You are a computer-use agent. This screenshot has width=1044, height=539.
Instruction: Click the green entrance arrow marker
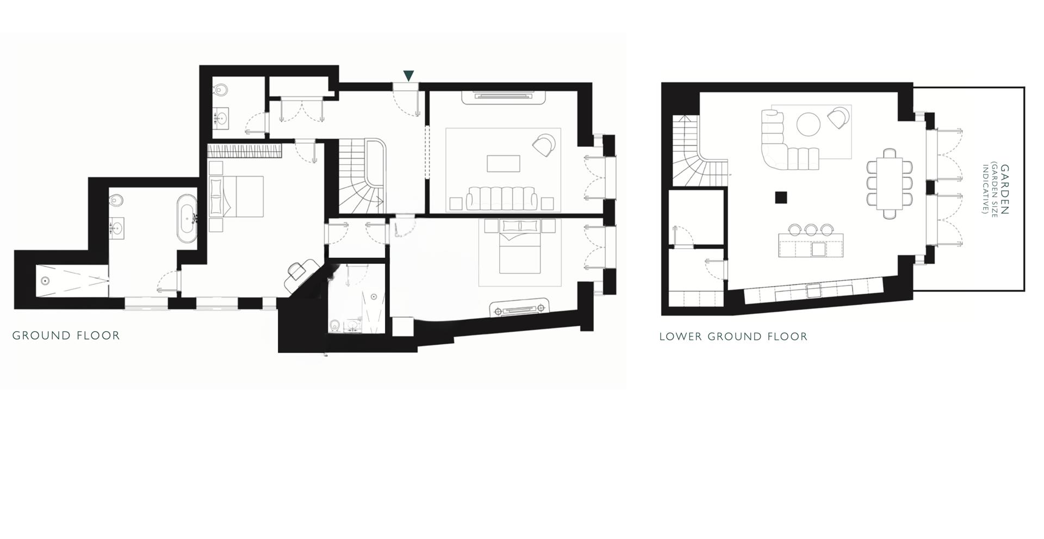[408, 76]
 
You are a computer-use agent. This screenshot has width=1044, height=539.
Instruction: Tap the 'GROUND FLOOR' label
[66, 336]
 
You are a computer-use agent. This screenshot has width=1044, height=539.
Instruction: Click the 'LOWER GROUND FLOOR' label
[733, 337]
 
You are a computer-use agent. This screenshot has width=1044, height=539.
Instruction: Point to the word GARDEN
[1004, 190]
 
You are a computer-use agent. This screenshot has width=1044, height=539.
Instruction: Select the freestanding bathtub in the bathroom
[188, 218]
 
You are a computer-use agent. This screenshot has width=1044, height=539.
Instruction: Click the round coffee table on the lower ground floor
[808, 123]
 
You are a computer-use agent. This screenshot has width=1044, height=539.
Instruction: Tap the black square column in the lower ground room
[781, 197]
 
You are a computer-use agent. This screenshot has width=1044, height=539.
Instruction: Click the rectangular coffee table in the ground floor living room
[503, 163]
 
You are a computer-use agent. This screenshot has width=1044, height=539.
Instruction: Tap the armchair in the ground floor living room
[544, 144]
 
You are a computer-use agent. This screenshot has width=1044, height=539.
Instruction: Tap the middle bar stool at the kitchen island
[811, 230]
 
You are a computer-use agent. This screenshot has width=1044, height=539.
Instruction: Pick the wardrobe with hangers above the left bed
[245, 150]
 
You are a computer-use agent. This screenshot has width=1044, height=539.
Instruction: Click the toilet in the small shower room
[334, 325]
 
